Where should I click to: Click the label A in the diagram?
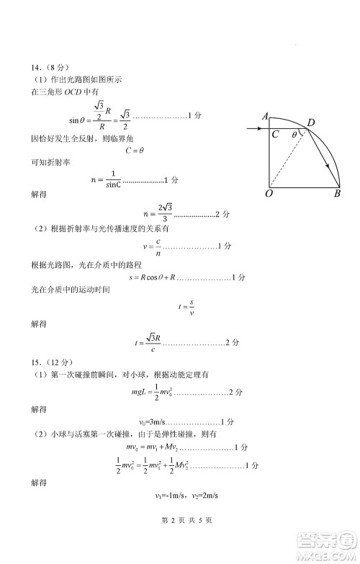coord(266,116)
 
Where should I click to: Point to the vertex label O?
coord(269,194)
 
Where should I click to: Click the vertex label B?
coord(336,194)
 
